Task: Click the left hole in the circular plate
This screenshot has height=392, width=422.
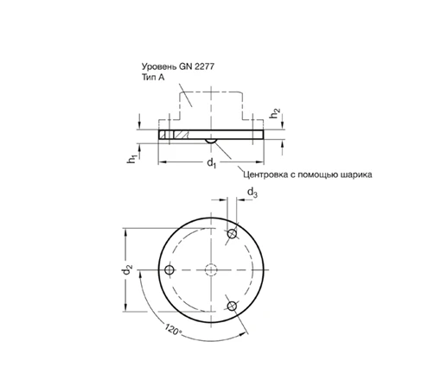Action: click(169, 269)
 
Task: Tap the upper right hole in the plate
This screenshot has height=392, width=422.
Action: click(232, 235)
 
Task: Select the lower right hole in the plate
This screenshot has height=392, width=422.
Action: click(232, 304)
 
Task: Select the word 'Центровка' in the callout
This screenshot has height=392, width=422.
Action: click(269, 174)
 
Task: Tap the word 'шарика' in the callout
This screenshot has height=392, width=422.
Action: click(357, 174)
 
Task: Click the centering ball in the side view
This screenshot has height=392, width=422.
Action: click(210, 139)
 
